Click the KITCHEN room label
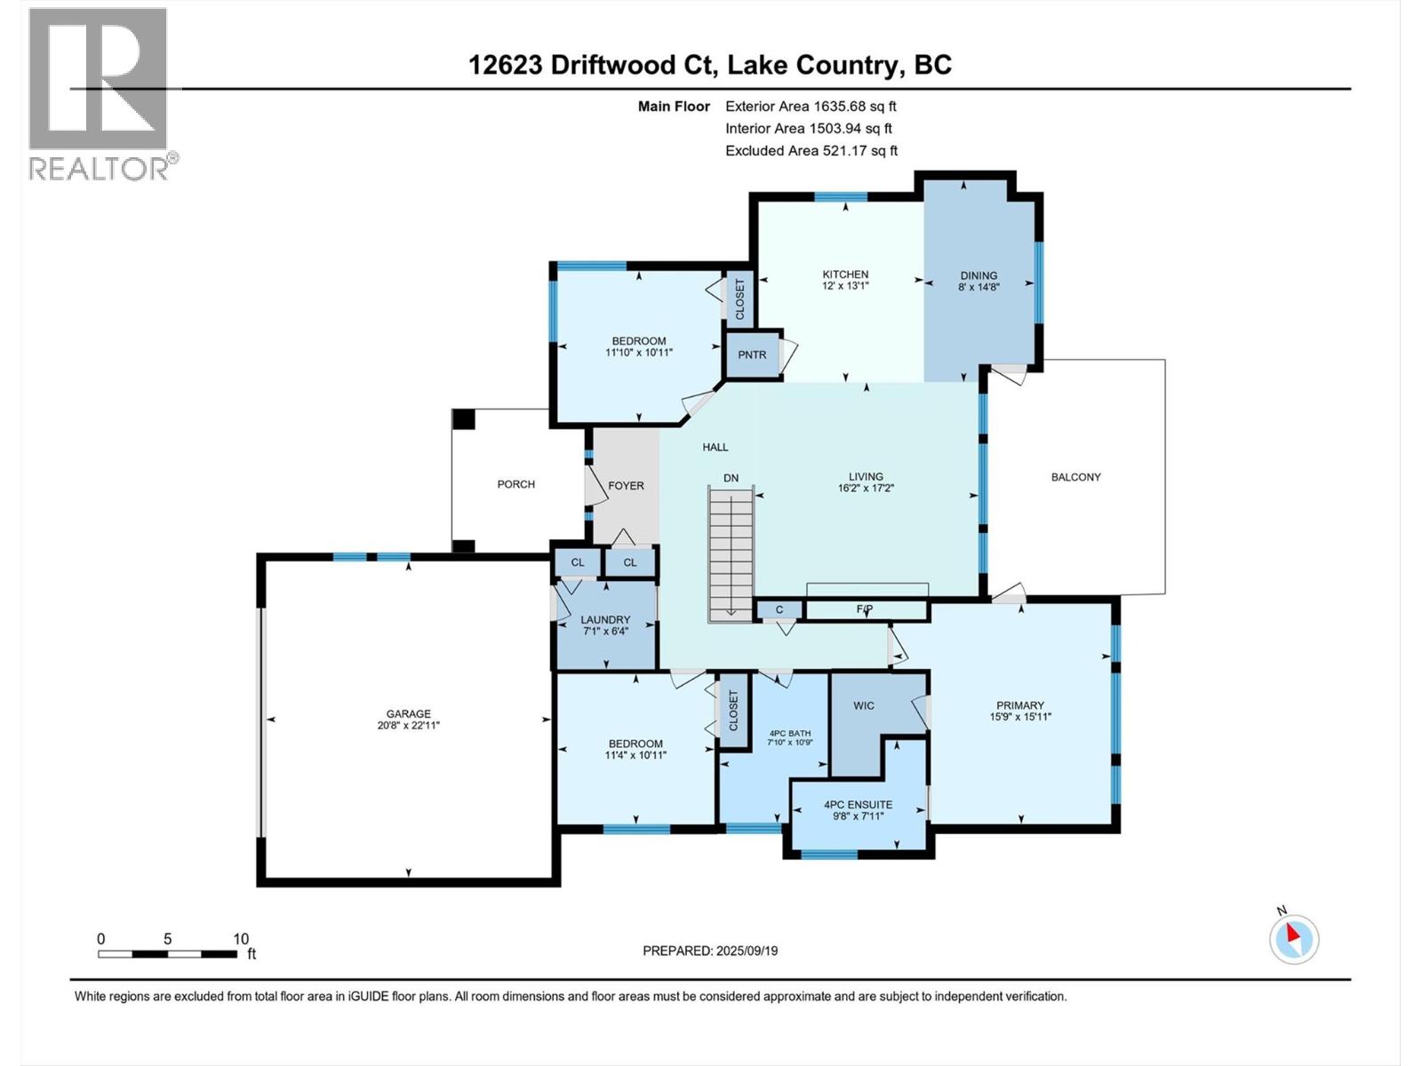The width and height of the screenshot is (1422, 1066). pyautogui.click(x=844, y=274)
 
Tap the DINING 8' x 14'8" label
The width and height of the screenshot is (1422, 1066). pyautogui.click(x=979, y=281)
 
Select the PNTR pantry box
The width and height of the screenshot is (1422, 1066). pyautogui.click(x=752, y=354)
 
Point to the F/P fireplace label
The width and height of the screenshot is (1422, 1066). pyautogui.click(x=865, y=609)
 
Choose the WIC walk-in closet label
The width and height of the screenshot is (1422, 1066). pyautogui.click(x=863, y=705)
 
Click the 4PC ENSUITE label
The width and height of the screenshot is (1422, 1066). pyautogui.click(x=858, y=805)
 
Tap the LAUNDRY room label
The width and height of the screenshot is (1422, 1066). pyautogui.click(x=605, y=620)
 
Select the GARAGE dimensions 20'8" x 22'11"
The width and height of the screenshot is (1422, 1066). pyautogui.click(x=408, y=725)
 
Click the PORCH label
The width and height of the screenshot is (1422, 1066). pyautogui.click(x=515, y=484)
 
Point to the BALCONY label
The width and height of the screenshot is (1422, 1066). pyautogui.click(x=1075, y=477)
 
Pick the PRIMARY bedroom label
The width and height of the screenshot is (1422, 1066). pyautogui.click(x=1019, y=705)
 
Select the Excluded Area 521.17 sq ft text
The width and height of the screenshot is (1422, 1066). pyautogui.click(x=811, y=151)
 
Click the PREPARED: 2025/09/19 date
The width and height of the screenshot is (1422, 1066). pyautogui.click(x=710, y=951)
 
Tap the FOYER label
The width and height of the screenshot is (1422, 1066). pyautogui.click(x=626, y=486)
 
